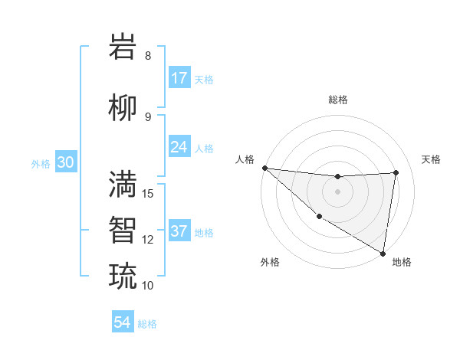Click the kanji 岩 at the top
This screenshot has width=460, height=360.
point(123,47)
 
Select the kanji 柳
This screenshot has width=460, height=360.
point(123,108)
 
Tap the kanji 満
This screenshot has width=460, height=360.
point(123,183)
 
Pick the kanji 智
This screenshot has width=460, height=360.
point(123,229)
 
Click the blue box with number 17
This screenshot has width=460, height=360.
point(179,78)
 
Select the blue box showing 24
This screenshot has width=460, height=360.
point(179,146)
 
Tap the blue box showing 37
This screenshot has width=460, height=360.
point(179,231)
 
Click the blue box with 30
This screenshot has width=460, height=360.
point(65,162)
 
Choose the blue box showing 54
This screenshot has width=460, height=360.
point(123,322)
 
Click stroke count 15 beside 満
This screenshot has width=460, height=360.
point(149,193)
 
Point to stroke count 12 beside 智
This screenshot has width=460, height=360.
point(149,240)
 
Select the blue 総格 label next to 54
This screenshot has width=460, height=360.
point(147,324)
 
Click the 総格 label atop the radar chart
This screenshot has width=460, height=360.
point(337,100)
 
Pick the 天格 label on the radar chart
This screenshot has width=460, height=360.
point(432,159)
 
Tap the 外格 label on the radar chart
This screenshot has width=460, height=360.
point(269,262)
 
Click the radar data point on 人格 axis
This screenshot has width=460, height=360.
point(264,168)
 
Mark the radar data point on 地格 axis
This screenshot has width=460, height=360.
point(383,252)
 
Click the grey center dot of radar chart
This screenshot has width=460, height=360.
point(337,191)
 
